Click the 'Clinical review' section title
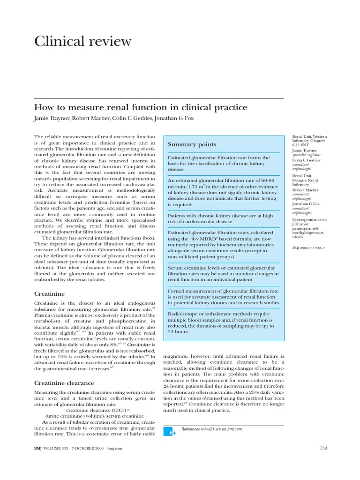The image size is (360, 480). click(83, 42)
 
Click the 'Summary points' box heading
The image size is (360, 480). click(192, 144)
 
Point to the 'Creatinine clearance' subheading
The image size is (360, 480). click(64, 383)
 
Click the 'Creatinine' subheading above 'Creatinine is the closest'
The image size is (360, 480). click(50, 293)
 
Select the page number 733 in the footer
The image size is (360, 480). click(322, 449)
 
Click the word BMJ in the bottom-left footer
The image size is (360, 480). click(38, 449)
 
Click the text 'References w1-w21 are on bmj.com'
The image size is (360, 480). click(211, 429)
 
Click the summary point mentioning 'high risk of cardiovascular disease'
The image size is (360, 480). click(220, 218)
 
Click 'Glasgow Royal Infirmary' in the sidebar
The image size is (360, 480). click(307, 181)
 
